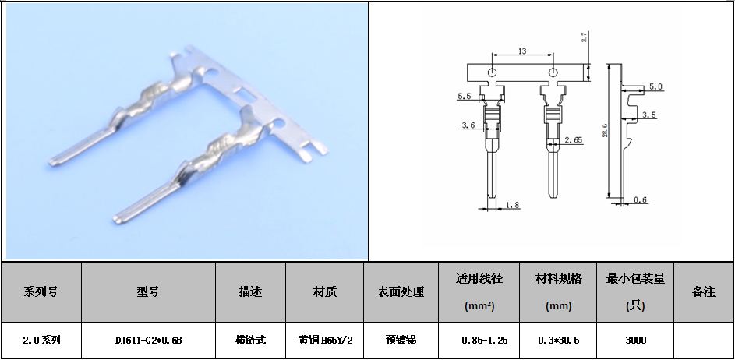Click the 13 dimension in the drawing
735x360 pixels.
522,51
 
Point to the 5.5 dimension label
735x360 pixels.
464,97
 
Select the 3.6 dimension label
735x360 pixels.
468,125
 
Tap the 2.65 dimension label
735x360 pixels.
574,139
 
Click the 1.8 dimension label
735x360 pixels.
513,205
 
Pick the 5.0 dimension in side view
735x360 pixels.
655,86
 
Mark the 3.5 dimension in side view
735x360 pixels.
649,115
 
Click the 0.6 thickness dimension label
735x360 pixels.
641,200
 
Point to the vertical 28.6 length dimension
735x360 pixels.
606,130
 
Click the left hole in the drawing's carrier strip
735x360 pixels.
492,72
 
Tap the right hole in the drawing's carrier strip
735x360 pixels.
553,72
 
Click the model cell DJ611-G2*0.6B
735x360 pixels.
148,341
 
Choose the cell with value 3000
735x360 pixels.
635,341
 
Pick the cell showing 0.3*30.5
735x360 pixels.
558,341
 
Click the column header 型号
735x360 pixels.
148,292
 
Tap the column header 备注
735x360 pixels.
704,292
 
